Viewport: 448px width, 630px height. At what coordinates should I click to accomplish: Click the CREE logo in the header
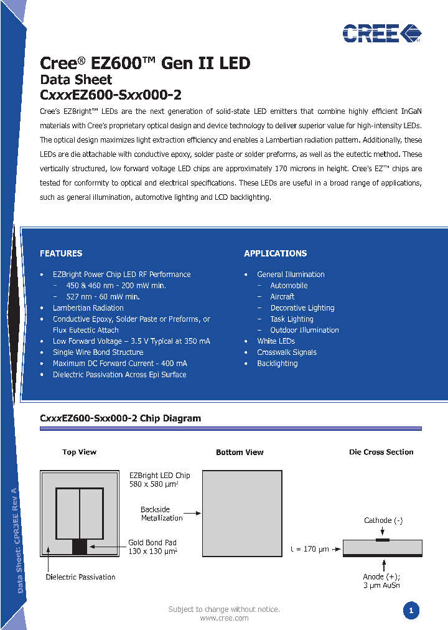(x=381, y=32)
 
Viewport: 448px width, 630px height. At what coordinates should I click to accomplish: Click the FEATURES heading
(x=61, y=253)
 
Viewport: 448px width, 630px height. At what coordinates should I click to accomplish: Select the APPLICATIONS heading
(x=275, y=253)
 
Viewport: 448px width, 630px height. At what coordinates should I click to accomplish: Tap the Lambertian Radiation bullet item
(x=88, y=308)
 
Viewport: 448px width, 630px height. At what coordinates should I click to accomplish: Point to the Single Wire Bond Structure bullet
(x=98, y=352)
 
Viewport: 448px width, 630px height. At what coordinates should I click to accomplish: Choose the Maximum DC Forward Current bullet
(x=119, y=364)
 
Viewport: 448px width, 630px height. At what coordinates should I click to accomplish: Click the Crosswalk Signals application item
(x=286, y=352)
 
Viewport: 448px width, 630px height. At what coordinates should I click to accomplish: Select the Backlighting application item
(x=277, y=364)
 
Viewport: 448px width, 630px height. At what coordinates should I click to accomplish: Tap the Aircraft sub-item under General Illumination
(x=282, y=297)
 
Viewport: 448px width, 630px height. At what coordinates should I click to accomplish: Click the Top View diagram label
(x=79, y=453)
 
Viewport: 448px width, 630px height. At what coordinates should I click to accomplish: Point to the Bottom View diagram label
(x=240, y=453)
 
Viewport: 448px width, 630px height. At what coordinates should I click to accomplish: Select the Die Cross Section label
(x=381, y=453)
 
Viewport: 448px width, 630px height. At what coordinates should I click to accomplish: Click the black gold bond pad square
(x=80, y=547)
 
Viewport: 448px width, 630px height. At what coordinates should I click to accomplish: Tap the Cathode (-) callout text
(x=383, y=521)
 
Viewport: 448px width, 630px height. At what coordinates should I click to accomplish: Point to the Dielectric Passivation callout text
(x=80, y=577)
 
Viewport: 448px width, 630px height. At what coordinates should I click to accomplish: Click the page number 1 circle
(x=411, y=611)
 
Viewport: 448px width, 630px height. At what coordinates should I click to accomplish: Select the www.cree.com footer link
(x=224, y=618)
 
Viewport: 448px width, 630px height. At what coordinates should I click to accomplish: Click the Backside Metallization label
(x=161, y=514)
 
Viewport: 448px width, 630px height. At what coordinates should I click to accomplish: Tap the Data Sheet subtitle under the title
(x=76, y=80)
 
